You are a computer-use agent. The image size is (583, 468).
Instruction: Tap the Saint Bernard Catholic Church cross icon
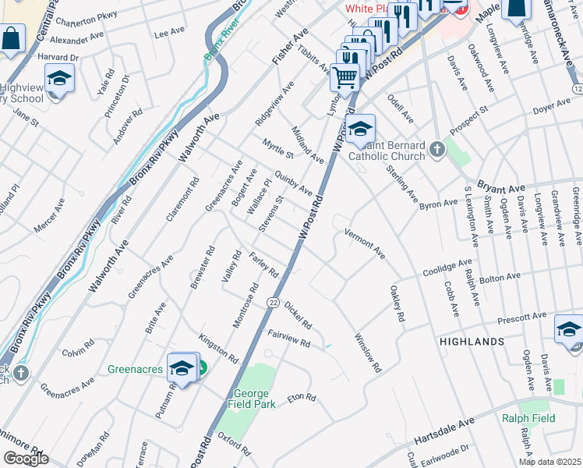tap(437, 149)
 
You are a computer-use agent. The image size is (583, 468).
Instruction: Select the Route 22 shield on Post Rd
tap(273, 302)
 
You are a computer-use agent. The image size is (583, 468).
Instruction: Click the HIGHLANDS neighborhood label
tap(472, 342)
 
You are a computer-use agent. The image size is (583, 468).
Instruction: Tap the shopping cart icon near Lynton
tap(344, 77)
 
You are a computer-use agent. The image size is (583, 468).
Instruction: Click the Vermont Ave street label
tap(365, 243)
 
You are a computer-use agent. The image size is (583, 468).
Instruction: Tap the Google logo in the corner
tap(26, 458)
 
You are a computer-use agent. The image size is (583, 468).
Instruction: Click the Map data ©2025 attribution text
tap(549, 462)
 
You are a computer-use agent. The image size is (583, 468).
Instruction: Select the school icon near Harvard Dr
tap(59, 80)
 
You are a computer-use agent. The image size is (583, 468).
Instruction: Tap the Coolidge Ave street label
tap(448, 267)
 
